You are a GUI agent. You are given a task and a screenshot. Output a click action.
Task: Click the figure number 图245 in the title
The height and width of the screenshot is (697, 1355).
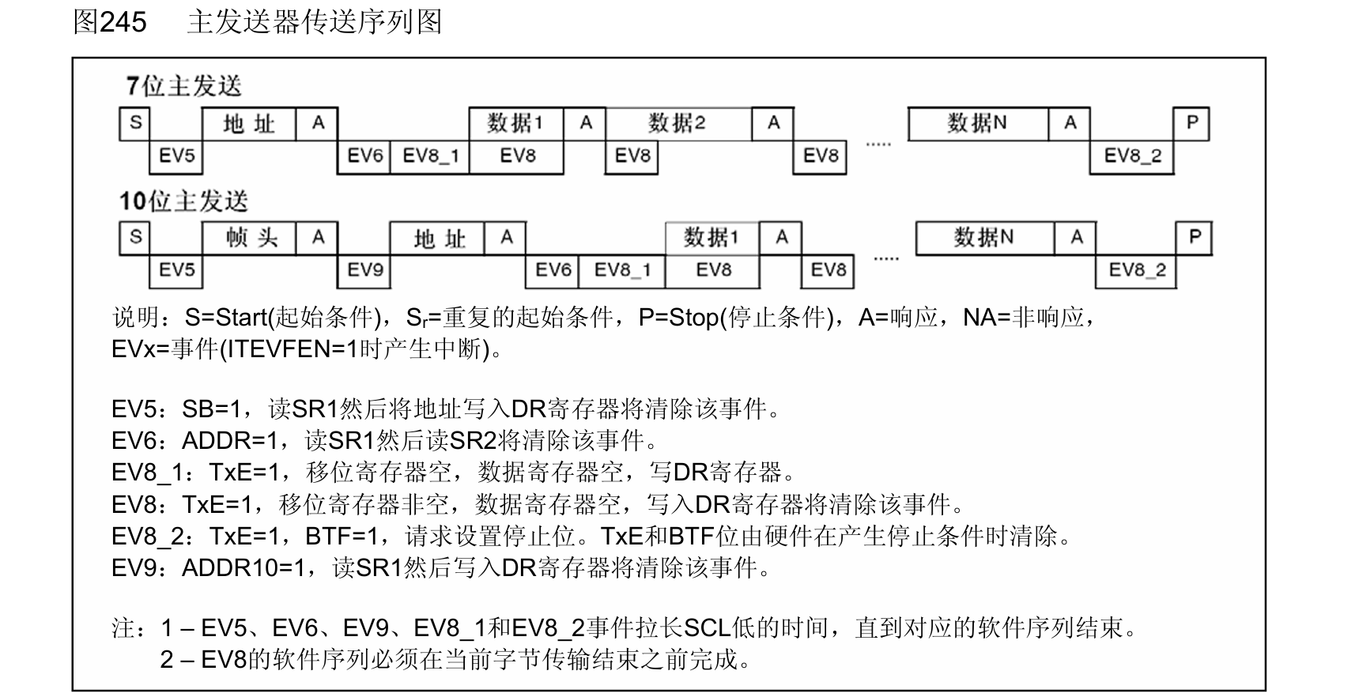[x=110, y=21]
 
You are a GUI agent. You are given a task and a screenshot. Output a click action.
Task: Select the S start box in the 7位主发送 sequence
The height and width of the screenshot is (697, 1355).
[x=135, y=123]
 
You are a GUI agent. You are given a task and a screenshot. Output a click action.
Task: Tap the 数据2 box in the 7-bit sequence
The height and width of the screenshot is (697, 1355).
[x=677, y=123]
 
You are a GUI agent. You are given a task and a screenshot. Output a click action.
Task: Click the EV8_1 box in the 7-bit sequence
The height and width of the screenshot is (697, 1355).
[x=430, y=156]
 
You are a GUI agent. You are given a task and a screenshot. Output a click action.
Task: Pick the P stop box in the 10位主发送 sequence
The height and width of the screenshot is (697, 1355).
[x=1194, y=237]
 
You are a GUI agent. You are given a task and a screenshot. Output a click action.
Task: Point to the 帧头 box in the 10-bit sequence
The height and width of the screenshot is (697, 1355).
[x=250, y=237]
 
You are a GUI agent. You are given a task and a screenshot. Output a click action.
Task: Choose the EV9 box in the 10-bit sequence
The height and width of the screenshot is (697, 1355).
[x=364, y=270]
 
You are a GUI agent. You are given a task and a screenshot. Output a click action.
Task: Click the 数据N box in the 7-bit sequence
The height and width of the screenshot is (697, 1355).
[x=977, y=123]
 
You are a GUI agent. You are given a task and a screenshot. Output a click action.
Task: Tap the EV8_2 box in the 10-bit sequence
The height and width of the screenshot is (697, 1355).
[x=1136, y=270]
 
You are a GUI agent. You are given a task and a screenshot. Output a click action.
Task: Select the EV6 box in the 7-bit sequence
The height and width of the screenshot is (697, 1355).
[x=364, y=156]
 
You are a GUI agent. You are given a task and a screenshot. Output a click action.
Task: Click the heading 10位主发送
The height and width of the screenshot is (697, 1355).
[x=183, y=202]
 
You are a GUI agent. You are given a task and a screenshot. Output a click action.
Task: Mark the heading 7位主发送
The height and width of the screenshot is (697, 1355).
[x=183, y=86]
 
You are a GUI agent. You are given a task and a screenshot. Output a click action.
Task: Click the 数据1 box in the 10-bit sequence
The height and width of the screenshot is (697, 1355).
[x=711, y=237]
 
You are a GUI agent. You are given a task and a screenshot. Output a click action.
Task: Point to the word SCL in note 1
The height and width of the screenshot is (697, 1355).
[x=707, y=628]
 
